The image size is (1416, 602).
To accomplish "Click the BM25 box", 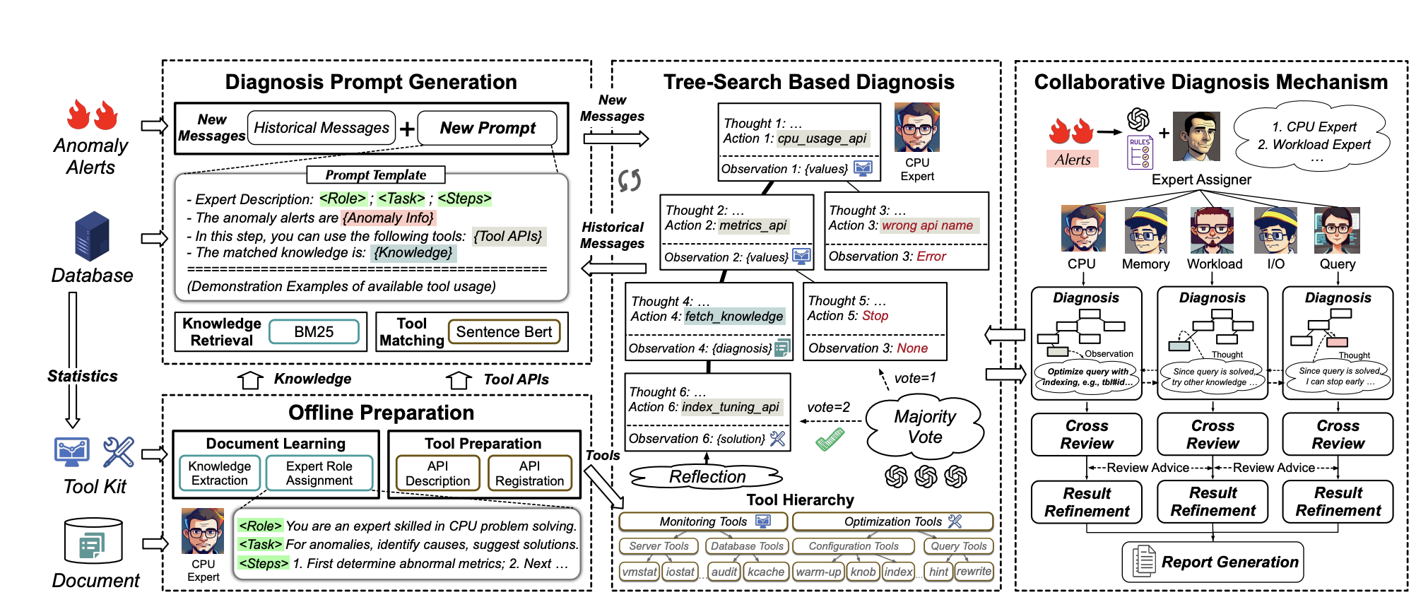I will pos(314,332).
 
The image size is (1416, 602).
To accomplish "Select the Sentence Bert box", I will pos(504,332).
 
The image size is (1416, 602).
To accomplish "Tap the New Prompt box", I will pos(488,128).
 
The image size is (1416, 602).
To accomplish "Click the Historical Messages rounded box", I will pos(321,128).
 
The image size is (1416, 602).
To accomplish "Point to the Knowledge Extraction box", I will pos(220,473).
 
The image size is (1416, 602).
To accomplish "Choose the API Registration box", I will pos(529,473).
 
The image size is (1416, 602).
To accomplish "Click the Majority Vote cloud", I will pos(925,427).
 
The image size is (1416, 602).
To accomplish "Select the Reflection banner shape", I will pos(707,477).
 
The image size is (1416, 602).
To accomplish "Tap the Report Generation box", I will pos(1213,562).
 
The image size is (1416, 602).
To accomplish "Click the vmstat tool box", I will pos(639,572).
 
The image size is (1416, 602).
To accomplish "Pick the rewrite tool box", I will pos(974,571).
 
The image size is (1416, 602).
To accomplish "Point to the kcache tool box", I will pos(766,572).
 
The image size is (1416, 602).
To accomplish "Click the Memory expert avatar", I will pos(1145,230).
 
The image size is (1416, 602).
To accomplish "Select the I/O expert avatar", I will pos(1276,230).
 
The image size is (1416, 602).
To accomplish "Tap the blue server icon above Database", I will pos(92,236).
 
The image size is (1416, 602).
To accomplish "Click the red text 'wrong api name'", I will pos(928,225).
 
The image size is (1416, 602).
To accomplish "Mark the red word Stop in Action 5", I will pos(875,316).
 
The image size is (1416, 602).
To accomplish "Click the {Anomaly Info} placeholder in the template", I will pos(389,218).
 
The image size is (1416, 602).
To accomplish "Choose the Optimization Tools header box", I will pos(892,521).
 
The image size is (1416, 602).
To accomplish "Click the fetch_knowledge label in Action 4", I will pos(733,317).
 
